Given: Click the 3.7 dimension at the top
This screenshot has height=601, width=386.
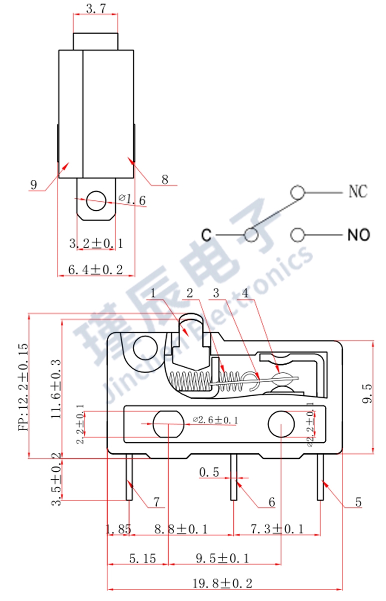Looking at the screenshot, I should [95, 8].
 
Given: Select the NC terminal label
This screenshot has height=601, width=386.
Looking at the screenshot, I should [357, 192].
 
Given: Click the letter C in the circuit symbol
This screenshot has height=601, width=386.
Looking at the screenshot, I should [206, 234].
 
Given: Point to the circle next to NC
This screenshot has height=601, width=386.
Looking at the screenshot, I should [297, 192].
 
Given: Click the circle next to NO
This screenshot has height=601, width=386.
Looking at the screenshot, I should [297, 234].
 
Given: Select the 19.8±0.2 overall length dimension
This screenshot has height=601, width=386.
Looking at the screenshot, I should [222, 583].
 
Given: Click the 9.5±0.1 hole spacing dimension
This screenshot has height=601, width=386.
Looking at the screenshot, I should [222, 558].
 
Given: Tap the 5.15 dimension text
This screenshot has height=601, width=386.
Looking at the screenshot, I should [142, 558].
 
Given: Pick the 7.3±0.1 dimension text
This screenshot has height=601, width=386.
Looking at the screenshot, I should [276, 529].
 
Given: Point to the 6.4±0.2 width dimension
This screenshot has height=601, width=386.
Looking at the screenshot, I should [95, 269].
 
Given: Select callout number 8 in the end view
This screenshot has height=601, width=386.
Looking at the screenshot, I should [165, 179].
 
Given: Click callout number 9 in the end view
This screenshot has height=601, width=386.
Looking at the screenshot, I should [33, 185].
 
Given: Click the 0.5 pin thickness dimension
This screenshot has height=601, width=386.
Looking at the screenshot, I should [209, 472].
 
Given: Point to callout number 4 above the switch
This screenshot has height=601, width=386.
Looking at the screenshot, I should [245, 293].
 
